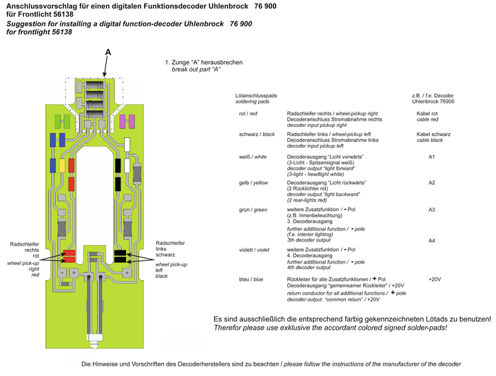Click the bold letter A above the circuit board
tap(108, 52)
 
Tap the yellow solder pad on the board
tap(62, 166)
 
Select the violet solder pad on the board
tap(127, 121)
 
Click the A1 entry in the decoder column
tap(432, 157)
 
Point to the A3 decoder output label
tap(432, 208)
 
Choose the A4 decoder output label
tap(432, 240)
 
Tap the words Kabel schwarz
tap(433, 134)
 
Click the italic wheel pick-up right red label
tap(25, 269)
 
